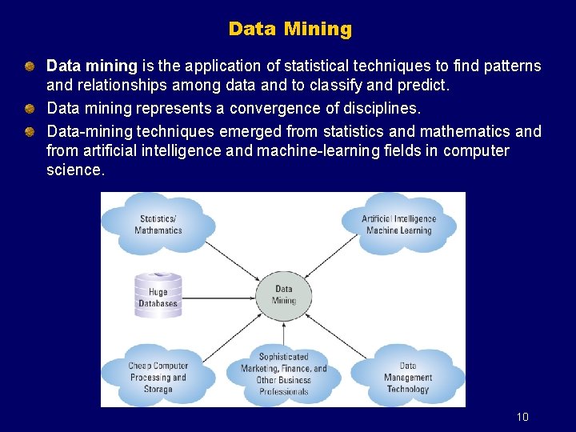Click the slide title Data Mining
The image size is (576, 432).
[x=290, y=30]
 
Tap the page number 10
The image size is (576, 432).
[x=522, y=417]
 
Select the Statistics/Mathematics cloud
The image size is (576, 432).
[x=158, y=224]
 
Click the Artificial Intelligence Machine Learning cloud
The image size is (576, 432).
[x=399, y=224]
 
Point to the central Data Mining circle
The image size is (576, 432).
[x=284, y=294]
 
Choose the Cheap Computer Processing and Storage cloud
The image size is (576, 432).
[x=158, y=377]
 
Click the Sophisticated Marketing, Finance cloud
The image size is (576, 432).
[x=284, y=374]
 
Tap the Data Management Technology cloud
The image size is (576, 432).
[x=407, y=377]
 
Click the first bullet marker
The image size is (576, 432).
[x=29, y=65]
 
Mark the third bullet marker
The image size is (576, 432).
[x=29, y=130]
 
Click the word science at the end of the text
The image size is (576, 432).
[x=74, y=170]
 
